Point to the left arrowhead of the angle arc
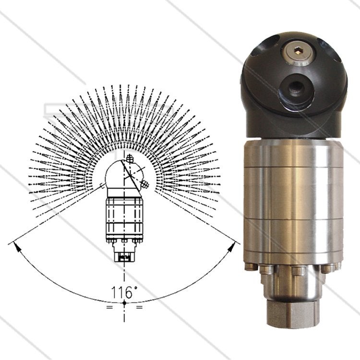(16, 246)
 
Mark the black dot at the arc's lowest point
(124, 303)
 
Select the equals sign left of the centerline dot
(109, 307)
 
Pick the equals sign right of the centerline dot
(139, 307)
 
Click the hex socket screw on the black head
(298, 53)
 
